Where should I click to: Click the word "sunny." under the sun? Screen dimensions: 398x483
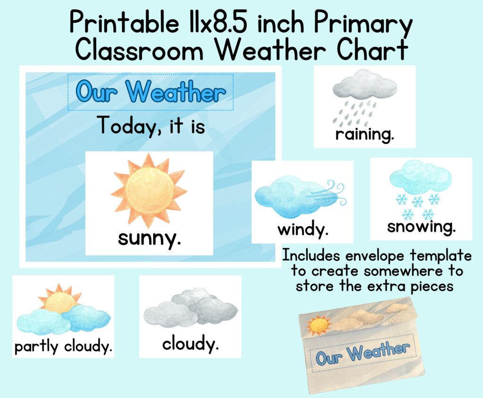[149, 238]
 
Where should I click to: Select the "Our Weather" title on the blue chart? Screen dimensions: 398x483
[150, 92]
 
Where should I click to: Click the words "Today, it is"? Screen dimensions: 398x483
[151, 126]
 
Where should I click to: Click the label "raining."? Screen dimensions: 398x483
[364, 135]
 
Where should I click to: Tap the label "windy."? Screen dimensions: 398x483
[302, 230]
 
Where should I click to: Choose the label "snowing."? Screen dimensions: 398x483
[421, 227]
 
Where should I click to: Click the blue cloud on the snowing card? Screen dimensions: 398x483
[420, 178]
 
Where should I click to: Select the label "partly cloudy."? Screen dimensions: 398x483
[64, 347]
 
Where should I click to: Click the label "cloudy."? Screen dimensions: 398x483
[191, 344]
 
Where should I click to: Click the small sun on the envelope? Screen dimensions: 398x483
[318, 325]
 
